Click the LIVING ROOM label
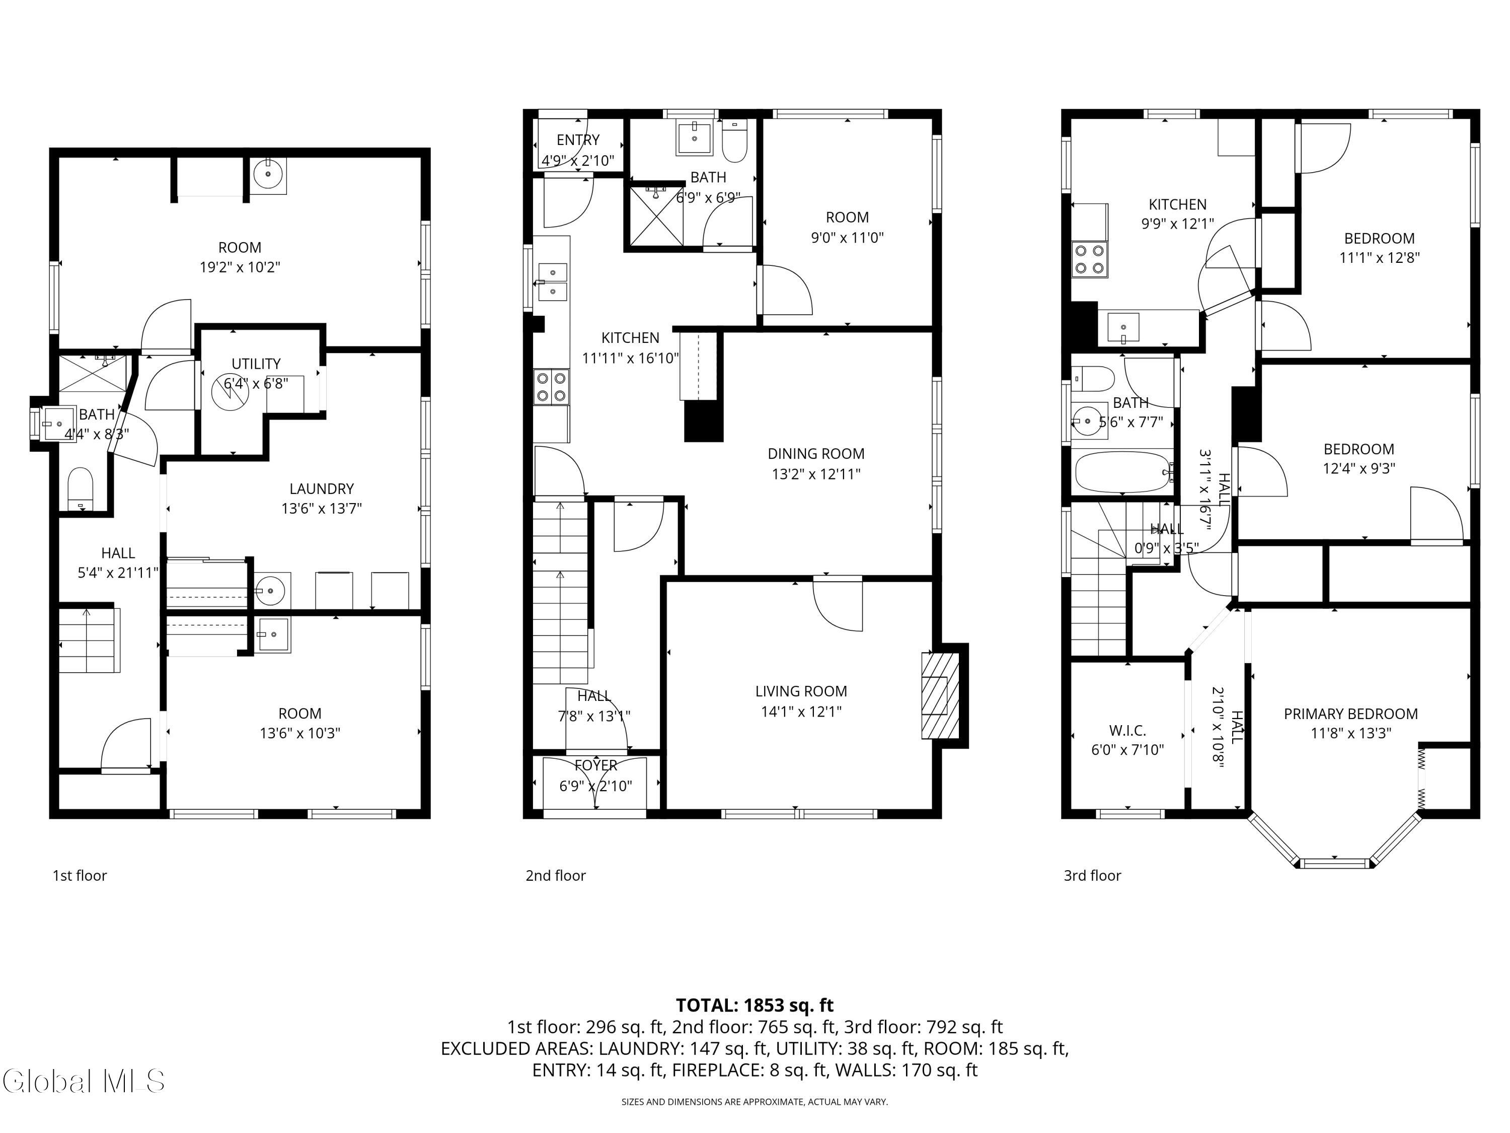pyautogui.click(x=801, y=691)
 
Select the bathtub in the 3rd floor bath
pyautogui.click(x=1123, y=471)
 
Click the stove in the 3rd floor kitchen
pyautogui.click(x=1090, y=259)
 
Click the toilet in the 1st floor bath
pyautogui.click(x=81, y=487)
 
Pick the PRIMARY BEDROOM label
pyautogui.click(x=1350, y=714)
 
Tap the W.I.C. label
pyautogui.click(x=1127, y=730)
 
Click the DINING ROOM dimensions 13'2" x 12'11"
pyautogui.click(x=816, y=474)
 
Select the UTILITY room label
pyautogui.click(x=256, y=364)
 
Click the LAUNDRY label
pyautogui.click(x=322, y=489)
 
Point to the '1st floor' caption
pyautogui.click(x=80, y=876)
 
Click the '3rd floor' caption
pyautogui.click(x=1092, y=876)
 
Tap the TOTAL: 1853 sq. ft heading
pyautogui.click(x=754, y=1005)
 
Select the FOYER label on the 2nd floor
pyautogui.click(x=596, y=765)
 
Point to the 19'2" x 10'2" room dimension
pyautogui.click(x=240, y=267)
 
